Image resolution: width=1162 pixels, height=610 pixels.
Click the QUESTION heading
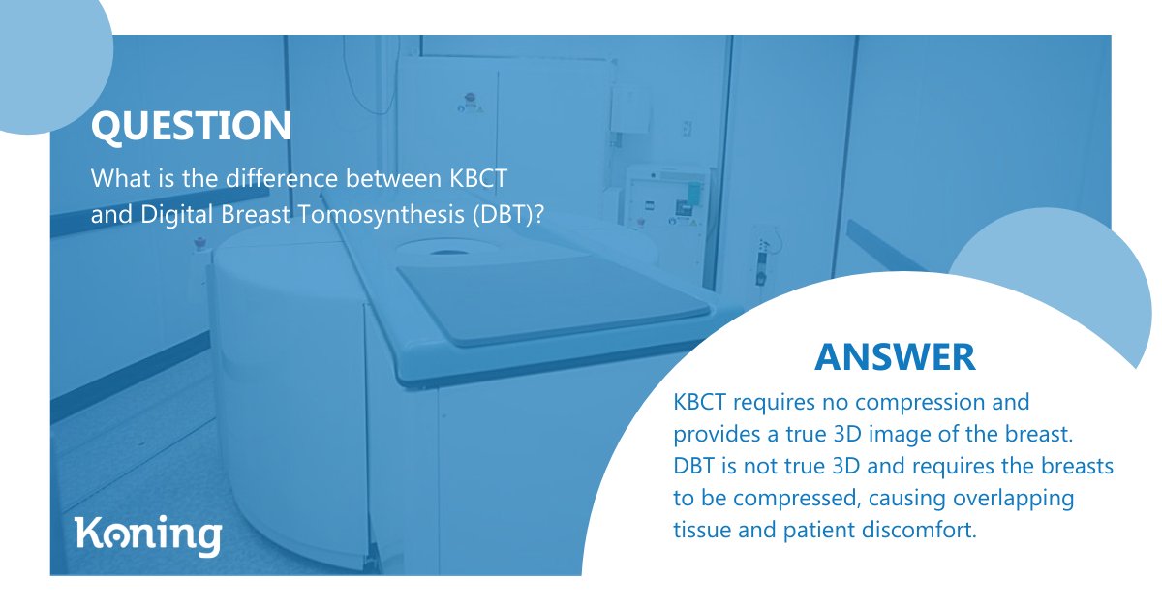191,126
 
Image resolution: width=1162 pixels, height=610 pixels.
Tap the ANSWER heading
895,356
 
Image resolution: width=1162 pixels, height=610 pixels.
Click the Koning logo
148,535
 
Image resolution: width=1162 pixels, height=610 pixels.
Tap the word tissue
699,531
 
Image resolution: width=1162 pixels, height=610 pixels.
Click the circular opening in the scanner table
446,252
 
